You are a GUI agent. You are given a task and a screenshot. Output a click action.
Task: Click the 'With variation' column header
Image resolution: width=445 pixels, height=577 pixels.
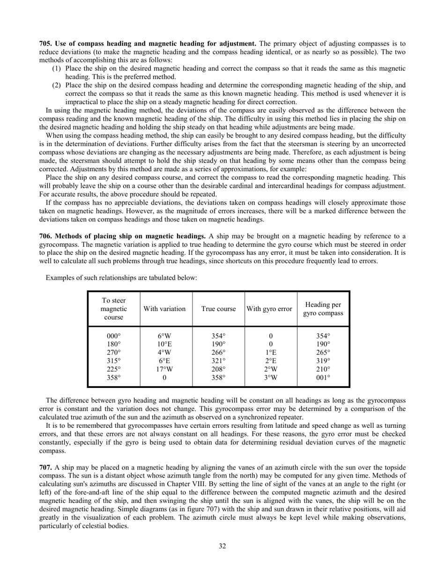click(166, 309)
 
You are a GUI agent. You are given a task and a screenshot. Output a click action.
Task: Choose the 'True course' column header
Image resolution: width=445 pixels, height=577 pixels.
click(218, 309)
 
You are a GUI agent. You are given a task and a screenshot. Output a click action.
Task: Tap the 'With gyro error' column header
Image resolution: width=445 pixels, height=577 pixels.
click(270, 309)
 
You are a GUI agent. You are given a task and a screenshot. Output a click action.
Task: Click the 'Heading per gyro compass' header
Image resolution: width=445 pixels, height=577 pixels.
click(323, 309)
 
